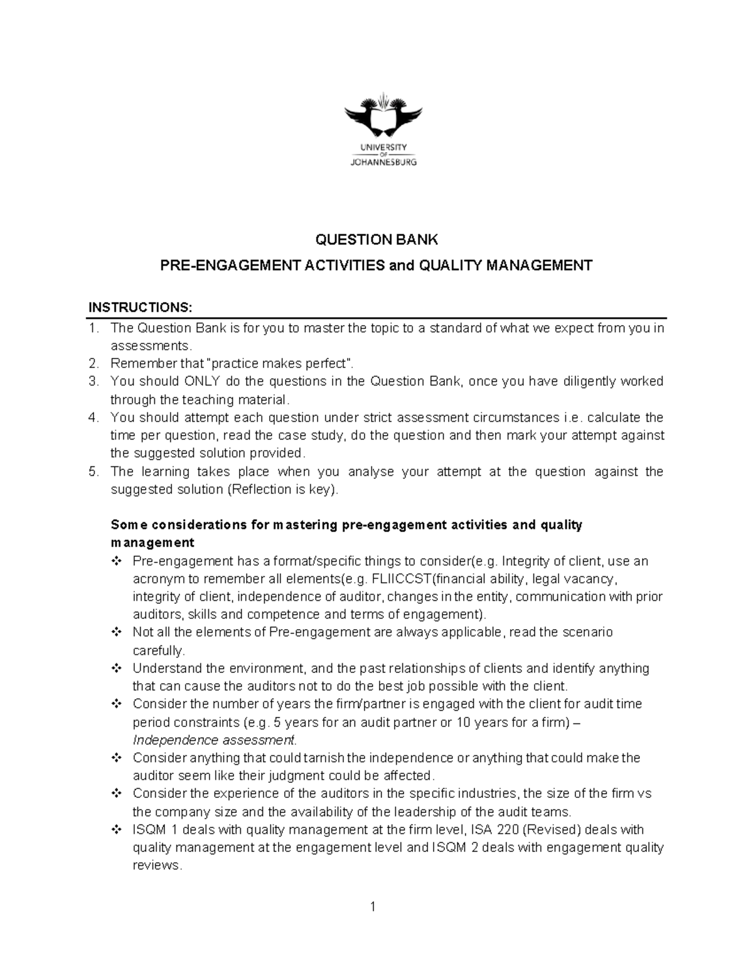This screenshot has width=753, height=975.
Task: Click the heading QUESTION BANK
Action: click(x=376, y=239)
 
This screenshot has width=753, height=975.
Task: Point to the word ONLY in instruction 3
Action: click(x=201, y=381)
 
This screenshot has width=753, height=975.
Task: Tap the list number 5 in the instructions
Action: click(x=93, y=471)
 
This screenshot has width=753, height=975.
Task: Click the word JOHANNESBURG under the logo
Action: click(x=383, y=161)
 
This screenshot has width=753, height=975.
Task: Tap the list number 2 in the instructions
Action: click(x=93, y=363)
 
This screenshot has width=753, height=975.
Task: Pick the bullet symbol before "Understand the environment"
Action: click(x=116, y=668)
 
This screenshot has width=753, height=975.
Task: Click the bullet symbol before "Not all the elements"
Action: click(x=116, y=632)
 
